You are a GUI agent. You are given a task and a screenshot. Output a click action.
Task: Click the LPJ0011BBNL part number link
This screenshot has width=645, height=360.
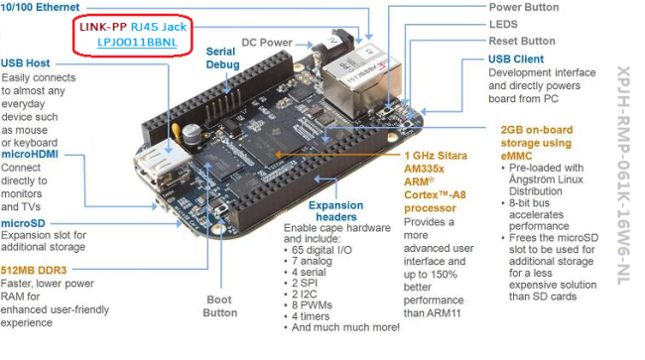[x=137, y=43]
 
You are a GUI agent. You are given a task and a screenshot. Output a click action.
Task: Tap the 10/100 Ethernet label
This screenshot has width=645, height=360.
[x=40, y=7]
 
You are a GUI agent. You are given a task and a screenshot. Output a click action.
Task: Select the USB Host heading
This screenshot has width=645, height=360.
[x=26, y=63]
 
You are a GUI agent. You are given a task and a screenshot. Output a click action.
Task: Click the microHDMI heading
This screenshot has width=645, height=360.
[x=30, y=155]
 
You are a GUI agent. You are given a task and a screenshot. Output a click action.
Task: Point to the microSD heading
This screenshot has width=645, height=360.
[x=23, y=223]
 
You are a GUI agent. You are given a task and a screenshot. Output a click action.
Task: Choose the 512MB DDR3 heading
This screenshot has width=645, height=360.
[x=34, y=271]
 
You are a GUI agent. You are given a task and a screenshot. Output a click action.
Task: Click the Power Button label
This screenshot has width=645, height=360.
[x=524, y=7]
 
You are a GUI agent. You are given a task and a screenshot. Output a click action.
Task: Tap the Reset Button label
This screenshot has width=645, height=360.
[x=522, y=41]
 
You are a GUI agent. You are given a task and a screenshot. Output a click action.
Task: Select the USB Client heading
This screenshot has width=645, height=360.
[x=516, y=60]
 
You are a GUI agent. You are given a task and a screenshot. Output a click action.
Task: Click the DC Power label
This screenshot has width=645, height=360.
[x=267, y=43]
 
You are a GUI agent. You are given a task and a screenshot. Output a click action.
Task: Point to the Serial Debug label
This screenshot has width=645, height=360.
[x=222, y=58]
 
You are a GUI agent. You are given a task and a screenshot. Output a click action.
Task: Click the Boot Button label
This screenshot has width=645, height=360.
[x=220, y=306]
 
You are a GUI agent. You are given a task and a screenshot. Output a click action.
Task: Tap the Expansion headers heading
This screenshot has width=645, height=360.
[x=336, y=211]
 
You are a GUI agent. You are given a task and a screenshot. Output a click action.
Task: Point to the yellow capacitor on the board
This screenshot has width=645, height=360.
[x=177, y=133]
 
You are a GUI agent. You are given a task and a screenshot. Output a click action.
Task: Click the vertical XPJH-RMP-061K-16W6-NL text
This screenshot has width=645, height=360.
[x=623, y=176]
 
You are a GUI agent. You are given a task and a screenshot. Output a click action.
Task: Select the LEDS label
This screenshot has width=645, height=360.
[x=503, y=24]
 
